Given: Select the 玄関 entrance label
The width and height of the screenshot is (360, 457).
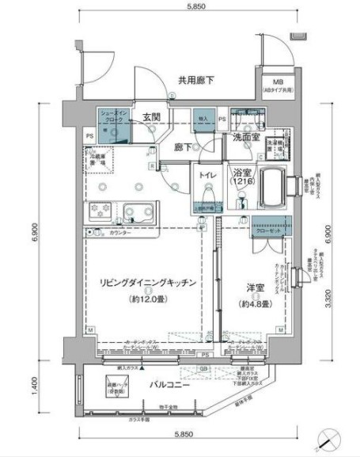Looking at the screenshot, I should pyautogui.click(x=153, y=117).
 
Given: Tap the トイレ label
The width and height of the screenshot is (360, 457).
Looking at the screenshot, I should pyautogui.click(x=207, y=173).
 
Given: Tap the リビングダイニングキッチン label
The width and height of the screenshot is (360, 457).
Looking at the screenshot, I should pyautogui.click(x=148, y=282).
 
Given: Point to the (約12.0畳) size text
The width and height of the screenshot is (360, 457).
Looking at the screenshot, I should pyautogui.click(x=148, y=300).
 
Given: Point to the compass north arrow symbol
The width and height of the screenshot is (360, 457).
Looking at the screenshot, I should pyautogui.click(x=329, y=438).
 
